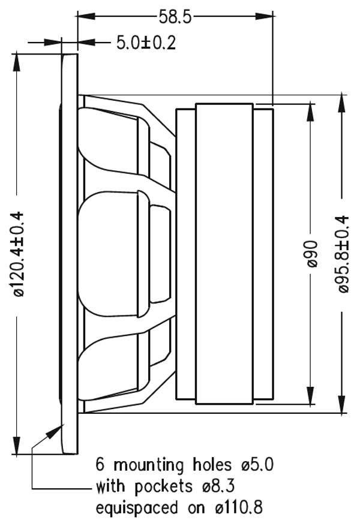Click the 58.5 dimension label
click(x=175, y=17)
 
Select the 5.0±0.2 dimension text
click(x=146, y=43)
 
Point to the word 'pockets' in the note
click(x=161, y=486)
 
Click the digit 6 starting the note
click(x=100, y=465)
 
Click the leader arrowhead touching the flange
click(x=61, y=427)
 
